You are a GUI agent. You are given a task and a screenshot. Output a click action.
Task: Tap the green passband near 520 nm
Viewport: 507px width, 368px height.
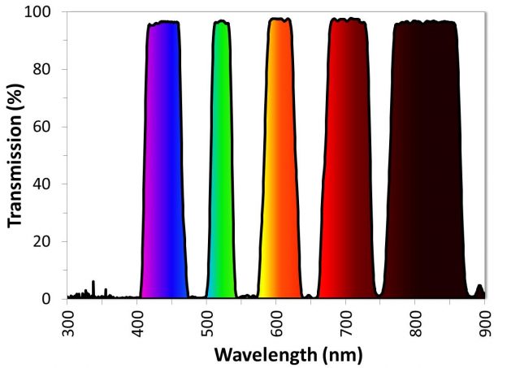coord(221,162)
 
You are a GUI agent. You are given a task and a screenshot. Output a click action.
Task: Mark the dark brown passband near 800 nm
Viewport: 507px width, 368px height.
coord(423,162)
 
